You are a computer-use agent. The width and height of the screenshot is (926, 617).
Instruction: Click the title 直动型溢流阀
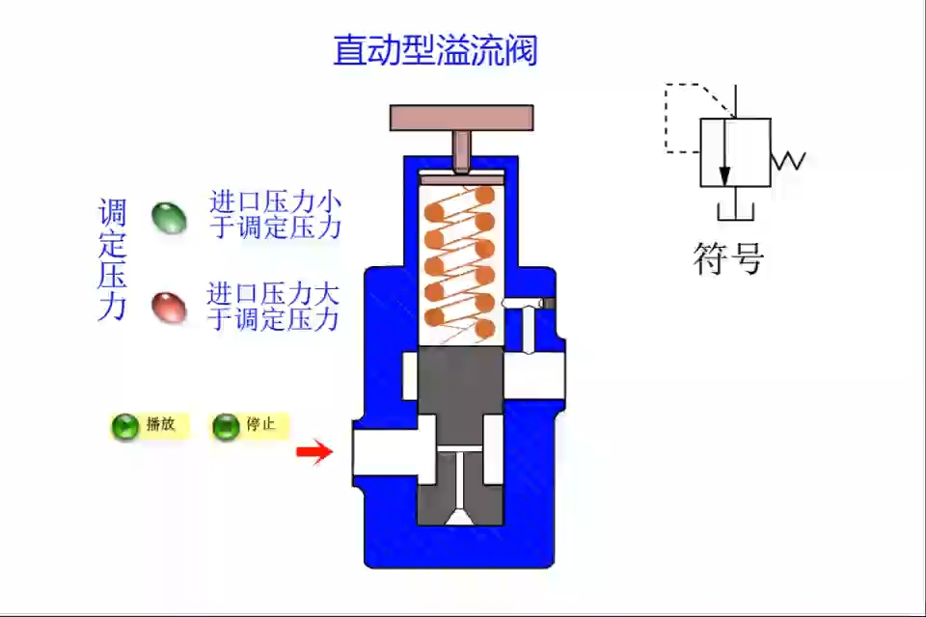[435, 50]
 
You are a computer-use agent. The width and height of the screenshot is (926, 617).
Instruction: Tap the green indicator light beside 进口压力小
[169, 217]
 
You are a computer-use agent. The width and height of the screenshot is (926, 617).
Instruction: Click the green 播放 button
[126, 425]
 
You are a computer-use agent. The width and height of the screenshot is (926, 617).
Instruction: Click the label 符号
[729, 257]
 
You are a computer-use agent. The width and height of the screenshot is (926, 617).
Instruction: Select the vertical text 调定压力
[113, 259]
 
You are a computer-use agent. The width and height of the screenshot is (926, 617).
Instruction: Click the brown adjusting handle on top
[461, 117]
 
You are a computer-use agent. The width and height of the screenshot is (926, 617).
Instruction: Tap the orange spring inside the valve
[460, 260]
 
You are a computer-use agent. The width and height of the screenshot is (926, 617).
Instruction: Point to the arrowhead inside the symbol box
[724, 175]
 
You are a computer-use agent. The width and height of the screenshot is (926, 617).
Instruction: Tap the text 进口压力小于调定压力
[276, 215]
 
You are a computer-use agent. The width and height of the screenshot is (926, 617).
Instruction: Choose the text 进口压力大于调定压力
[274, 306]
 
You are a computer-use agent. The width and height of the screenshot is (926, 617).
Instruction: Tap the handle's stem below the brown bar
[461, 149]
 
